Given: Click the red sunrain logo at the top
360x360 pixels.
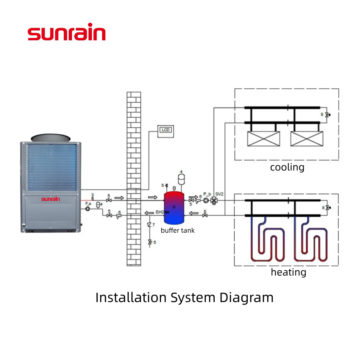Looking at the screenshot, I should [x=67, y=33].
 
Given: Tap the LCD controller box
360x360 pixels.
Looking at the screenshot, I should [x=165, y=131].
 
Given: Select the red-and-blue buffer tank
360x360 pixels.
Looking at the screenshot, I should [x=174, y=207].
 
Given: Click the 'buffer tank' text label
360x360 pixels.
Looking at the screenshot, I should [x=178, y=230].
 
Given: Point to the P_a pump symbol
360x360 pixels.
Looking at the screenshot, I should [x=88, y=208].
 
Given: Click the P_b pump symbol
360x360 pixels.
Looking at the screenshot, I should [x=206, y=200].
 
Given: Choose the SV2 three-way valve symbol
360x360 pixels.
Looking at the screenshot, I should [x=214, y=200].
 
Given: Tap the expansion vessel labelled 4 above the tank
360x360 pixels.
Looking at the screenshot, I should [x=181, y=179].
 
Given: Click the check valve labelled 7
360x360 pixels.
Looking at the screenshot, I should [x=150, y=225].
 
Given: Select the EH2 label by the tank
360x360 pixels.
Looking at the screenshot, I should [x=159, y=212].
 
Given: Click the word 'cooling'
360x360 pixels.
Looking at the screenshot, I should [x=287, y=167].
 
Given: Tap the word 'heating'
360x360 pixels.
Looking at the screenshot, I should [x=288, y=272].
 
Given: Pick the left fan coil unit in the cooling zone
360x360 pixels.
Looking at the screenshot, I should [x=263, y=139].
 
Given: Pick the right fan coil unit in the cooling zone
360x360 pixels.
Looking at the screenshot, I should [x=307, y=139].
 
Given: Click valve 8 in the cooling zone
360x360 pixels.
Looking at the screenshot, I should [x=327, y=115].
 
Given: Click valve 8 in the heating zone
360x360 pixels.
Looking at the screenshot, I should [x=327, y=208].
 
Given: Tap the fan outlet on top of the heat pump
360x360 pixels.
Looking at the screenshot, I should [x=51, y=137].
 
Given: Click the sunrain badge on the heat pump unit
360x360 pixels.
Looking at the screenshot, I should [x=50, y=199].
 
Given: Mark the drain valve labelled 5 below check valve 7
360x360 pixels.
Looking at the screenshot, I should [x=150, y=242].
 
